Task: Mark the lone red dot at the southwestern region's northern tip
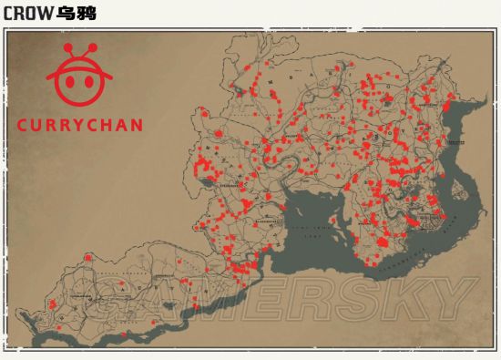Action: tap(88, 257)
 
